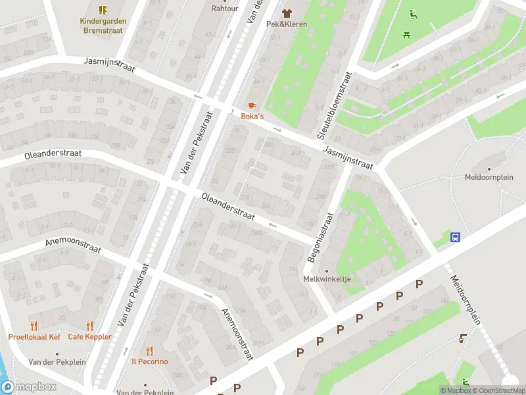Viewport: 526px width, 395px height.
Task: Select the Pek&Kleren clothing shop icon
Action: click(287, 13)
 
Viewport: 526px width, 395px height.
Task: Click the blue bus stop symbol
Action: click(454, 237)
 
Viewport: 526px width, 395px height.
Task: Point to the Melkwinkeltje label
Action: click(327, 279)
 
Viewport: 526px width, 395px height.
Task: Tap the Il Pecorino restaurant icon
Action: click(149, 351)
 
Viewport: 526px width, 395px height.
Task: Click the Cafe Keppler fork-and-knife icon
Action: click(90, 326)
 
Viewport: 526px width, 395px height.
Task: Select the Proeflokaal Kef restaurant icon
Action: click(34, 326)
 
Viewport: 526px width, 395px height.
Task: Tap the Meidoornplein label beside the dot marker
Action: click(488, 177)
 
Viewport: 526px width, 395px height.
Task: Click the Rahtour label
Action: click(224, 9)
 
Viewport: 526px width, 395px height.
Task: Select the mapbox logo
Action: click(28, 387)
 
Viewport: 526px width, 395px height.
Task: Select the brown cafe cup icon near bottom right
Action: click(462, 338)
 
